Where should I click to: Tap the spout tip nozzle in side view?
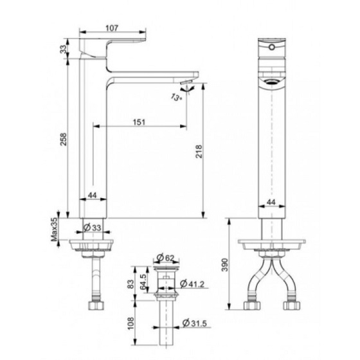pyautogui.click(x=186, y=84)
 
